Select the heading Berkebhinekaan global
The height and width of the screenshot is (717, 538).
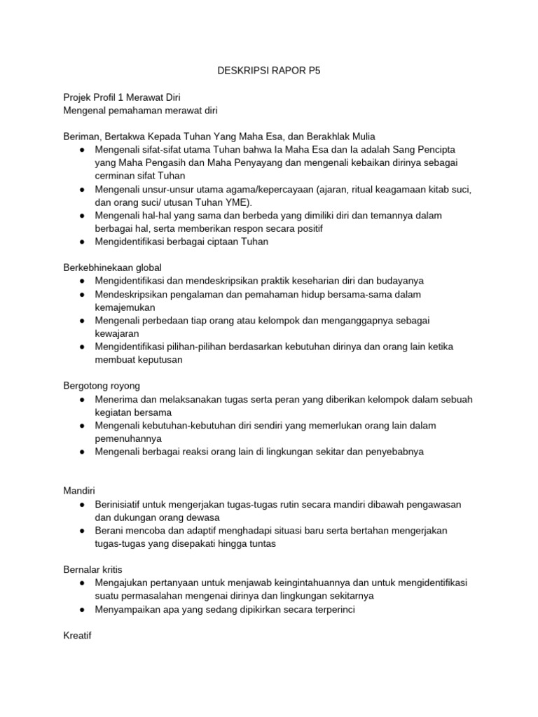point(113,267)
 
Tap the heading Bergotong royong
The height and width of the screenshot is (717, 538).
point(102,386)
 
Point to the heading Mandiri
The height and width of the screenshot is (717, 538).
point(79,491)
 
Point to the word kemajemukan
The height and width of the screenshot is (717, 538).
point(125,307)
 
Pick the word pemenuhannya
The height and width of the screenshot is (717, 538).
point(128,438)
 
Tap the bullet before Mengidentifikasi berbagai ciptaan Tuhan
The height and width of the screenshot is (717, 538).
point(82,242)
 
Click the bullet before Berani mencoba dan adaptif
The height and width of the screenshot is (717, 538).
point(82,531)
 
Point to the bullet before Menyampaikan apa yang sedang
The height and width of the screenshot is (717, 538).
point(82,609)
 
